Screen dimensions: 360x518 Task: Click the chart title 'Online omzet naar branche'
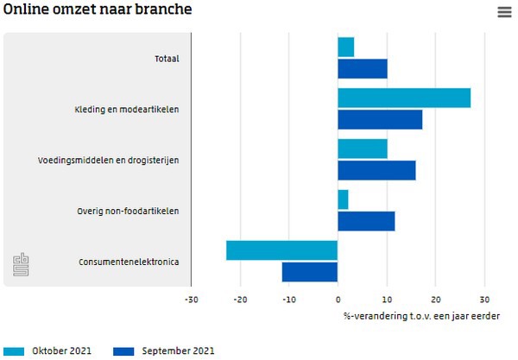pyautogui.click(x=98, y=10)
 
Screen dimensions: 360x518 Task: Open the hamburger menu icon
pyautogui.click(x=504, y=12)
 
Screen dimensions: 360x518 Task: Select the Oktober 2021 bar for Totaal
pyautogui.click(x=345, y=47)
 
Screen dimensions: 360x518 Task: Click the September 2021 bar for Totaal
pyautogui.click(x=363, y=68)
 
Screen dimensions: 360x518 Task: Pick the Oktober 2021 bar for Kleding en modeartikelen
pyautogui.click(x=404, y=98)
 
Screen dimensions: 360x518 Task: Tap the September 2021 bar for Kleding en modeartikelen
pyautogui.click(x=380, y=119)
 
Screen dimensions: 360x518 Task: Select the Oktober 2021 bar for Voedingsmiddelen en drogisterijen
pyautogui.click(x=363, y=148)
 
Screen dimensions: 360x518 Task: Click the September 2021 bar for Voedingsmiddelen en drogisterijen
pyautogui.click(x=376, y=170)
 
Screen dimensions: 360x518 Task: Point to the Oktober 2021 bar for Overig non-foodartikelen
pyautogui.click(x=343, y=199)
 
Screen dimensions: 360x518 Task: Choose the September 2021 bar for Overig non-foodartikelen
pyautogui.click(x=366, y=221)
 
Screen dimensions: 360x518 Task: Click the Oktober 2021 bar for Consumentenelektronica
pyautogui.click(x=282, y=250)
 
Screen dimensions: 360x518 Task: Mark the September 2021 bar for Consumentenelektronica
pyautogui.click(x=310, y=272)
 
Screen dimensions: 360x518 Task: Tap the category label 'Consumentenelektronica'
pyautogui.click(x=129, y=262)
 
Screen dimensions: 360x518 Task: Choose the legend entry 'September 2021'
pyautogui.click(x=177, y=351)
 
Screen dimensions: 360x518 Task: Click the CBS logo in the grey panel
pyautogui.click(x=21, y=265)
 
